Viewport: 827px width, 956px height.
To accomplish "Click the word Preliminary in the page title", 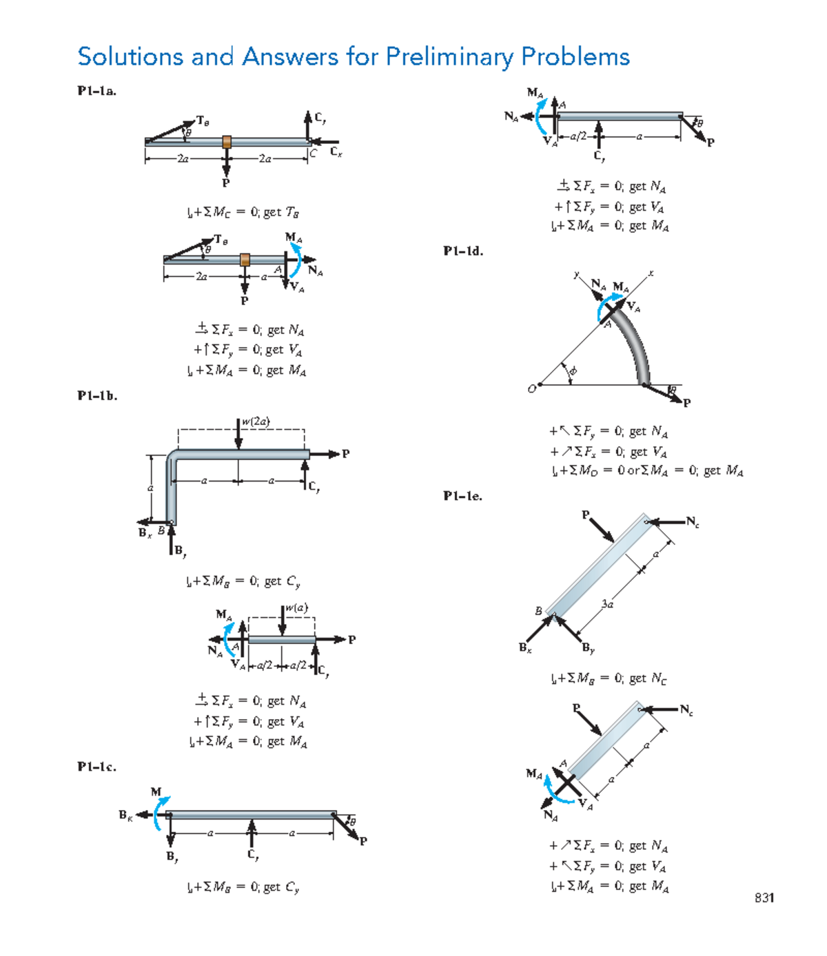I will click(449, 57).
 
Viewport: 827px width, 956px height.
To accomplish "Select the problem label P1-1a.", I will click(96, 91).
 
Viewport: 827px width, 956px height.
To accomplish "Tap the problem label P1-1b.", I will click(97, 396).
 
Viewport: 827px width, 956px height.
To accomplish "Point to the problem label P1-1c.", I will click(96, 767).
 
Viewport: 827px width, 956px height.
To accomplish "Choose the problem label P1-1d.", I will click(463, 251).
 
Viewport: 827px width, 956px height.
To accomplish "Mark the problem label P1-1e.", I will click(462, 496).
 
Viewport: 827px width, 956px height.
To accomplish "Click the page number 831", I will click(764, 897).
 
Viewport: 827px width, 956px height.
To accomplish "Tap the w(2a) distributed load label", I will click(256, 422).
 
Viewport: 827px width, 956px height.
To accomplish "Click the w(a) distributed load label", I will click(296, 607).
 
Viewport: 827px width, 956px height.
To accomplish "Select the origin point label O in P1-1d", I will click(531, 389).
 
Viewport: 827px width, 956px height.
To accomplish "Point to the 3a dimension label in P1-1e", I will click(606, 604).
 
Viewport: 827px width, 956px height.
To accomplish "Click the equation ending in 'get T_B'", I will click(242, 212).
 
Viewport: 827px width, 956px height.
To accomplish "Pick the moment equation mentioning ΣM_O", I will click(646, 471).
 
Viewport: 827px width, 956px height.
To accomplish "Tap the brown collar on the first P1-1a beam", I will click(227, 142).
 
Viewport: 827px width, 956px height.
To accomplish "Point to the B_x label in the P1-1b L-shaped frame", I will click(144, 532).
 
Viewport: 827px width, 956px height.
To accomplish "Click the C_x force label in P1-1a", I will click(336, 152).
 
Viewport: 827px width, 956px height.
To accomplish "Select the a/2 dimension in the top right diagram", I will click(578, 136).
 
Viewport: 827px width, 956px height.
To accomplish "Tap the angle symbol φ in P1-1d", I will click(573, 371).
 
